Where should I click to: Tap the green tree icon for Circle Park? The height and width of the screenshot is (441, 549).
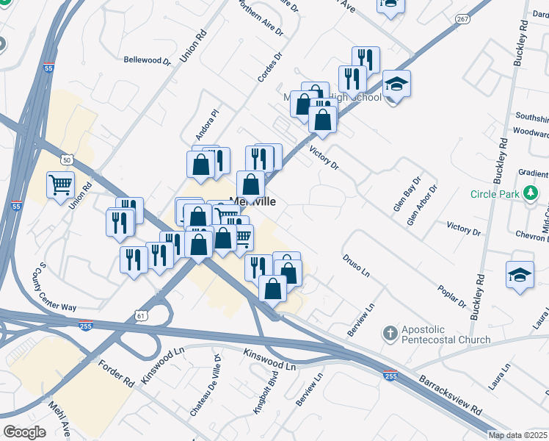(x=531, y=195)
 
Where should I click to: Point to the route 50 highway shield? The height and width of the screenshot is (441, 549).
(x=67, y=159)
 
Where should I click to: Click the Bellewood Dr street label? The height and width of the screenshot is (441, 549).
(x=146, y=60)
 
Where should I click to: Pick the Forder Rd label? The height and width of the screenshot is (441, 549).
(x=116, y=372)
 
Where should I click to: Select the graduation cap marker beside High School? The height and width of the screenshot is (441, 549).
(x=396, y=85)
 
